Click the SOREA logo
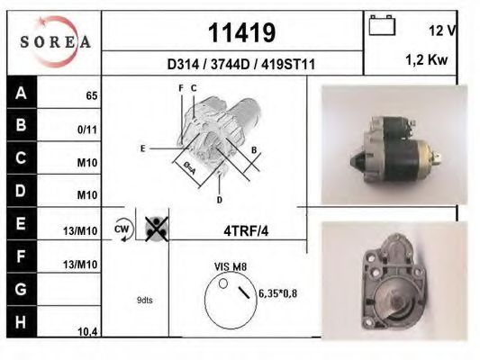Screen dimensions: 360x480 click(55, 41)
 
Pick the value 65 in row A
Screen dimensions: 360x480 click(92, 95)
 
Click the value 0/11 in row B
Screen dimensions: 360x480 click(87, 130)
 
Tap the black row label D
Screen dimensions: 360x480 click(21, 192)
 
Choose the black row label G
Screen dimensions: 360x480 click(21, 291)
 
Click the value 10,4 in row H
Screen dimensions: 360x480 click(87, 332)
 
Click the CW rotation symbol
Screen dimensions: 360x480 click(122, 229)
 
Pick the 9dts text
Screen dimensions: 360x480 click(145, 300)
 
